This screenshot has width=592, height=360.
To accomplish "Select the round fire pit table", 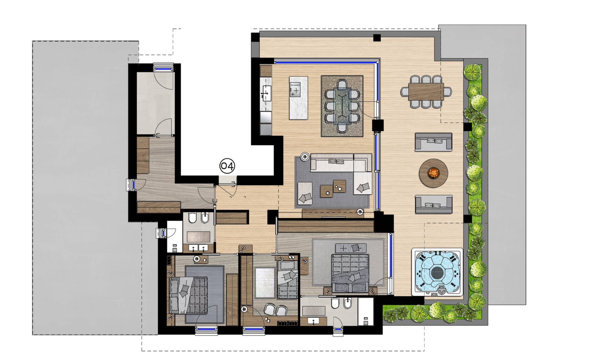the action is [433, 173].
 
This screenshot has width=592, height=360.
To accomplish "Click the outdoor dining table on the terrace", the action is [426, 92].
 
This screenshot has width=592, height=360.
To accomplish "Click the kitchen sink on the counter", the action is [266, 93].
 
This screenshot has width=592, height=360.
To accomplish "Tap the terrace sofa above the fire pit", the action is [433, 142].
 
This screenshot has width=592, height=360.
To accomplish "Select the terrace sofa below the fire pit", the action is [433, 204].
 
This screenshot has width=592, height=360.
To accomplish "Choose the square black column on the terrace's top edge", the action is [377, 38].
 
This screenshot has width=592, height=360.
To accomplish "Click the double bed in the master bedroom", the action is [350, 274].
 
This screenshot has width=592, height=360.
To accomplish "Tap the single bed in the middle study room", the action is [287, 279].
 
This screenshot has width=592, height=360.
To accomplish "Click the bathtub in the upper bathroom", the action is [199, 237].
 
